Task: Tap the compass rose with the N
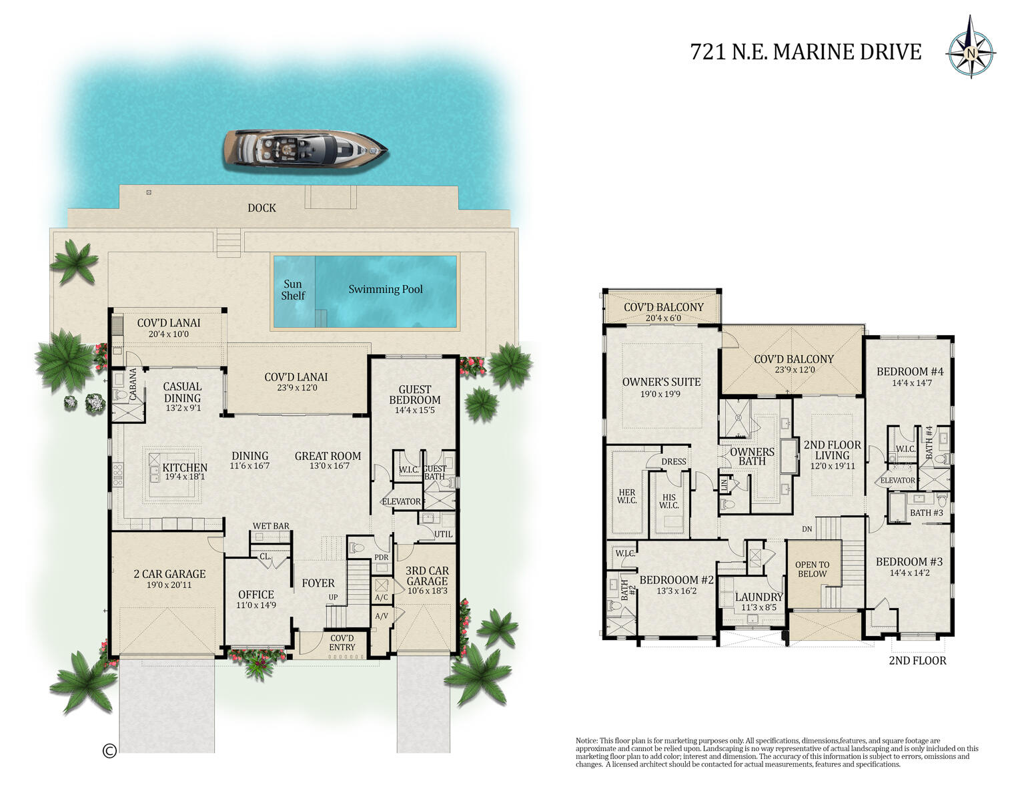(x=971, y=53)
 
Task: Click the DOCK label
(x=262, y=208)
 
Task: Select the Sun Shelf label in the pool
(x=293, y=290)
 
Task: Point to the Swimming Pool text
(x=386, y=290)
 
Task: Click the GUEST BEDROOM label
(x=415, y=394)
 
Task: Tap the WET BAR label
(x=271, y=526)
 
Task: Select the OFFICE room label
(x=256, y=595)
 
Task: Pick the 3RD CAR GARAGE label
(x=428, y=576)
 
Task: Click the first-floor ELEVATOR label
(x=401, y=501)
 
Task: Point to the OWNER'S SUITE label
(x=661, y=382)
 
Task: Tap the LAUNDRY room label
(x=758, y=597)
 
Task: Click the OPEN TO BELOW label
(x=812, y=569)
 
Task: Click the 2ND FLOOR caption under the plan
(x=917, y=661)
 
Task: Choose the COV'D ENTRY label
(x=342, y=643)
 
